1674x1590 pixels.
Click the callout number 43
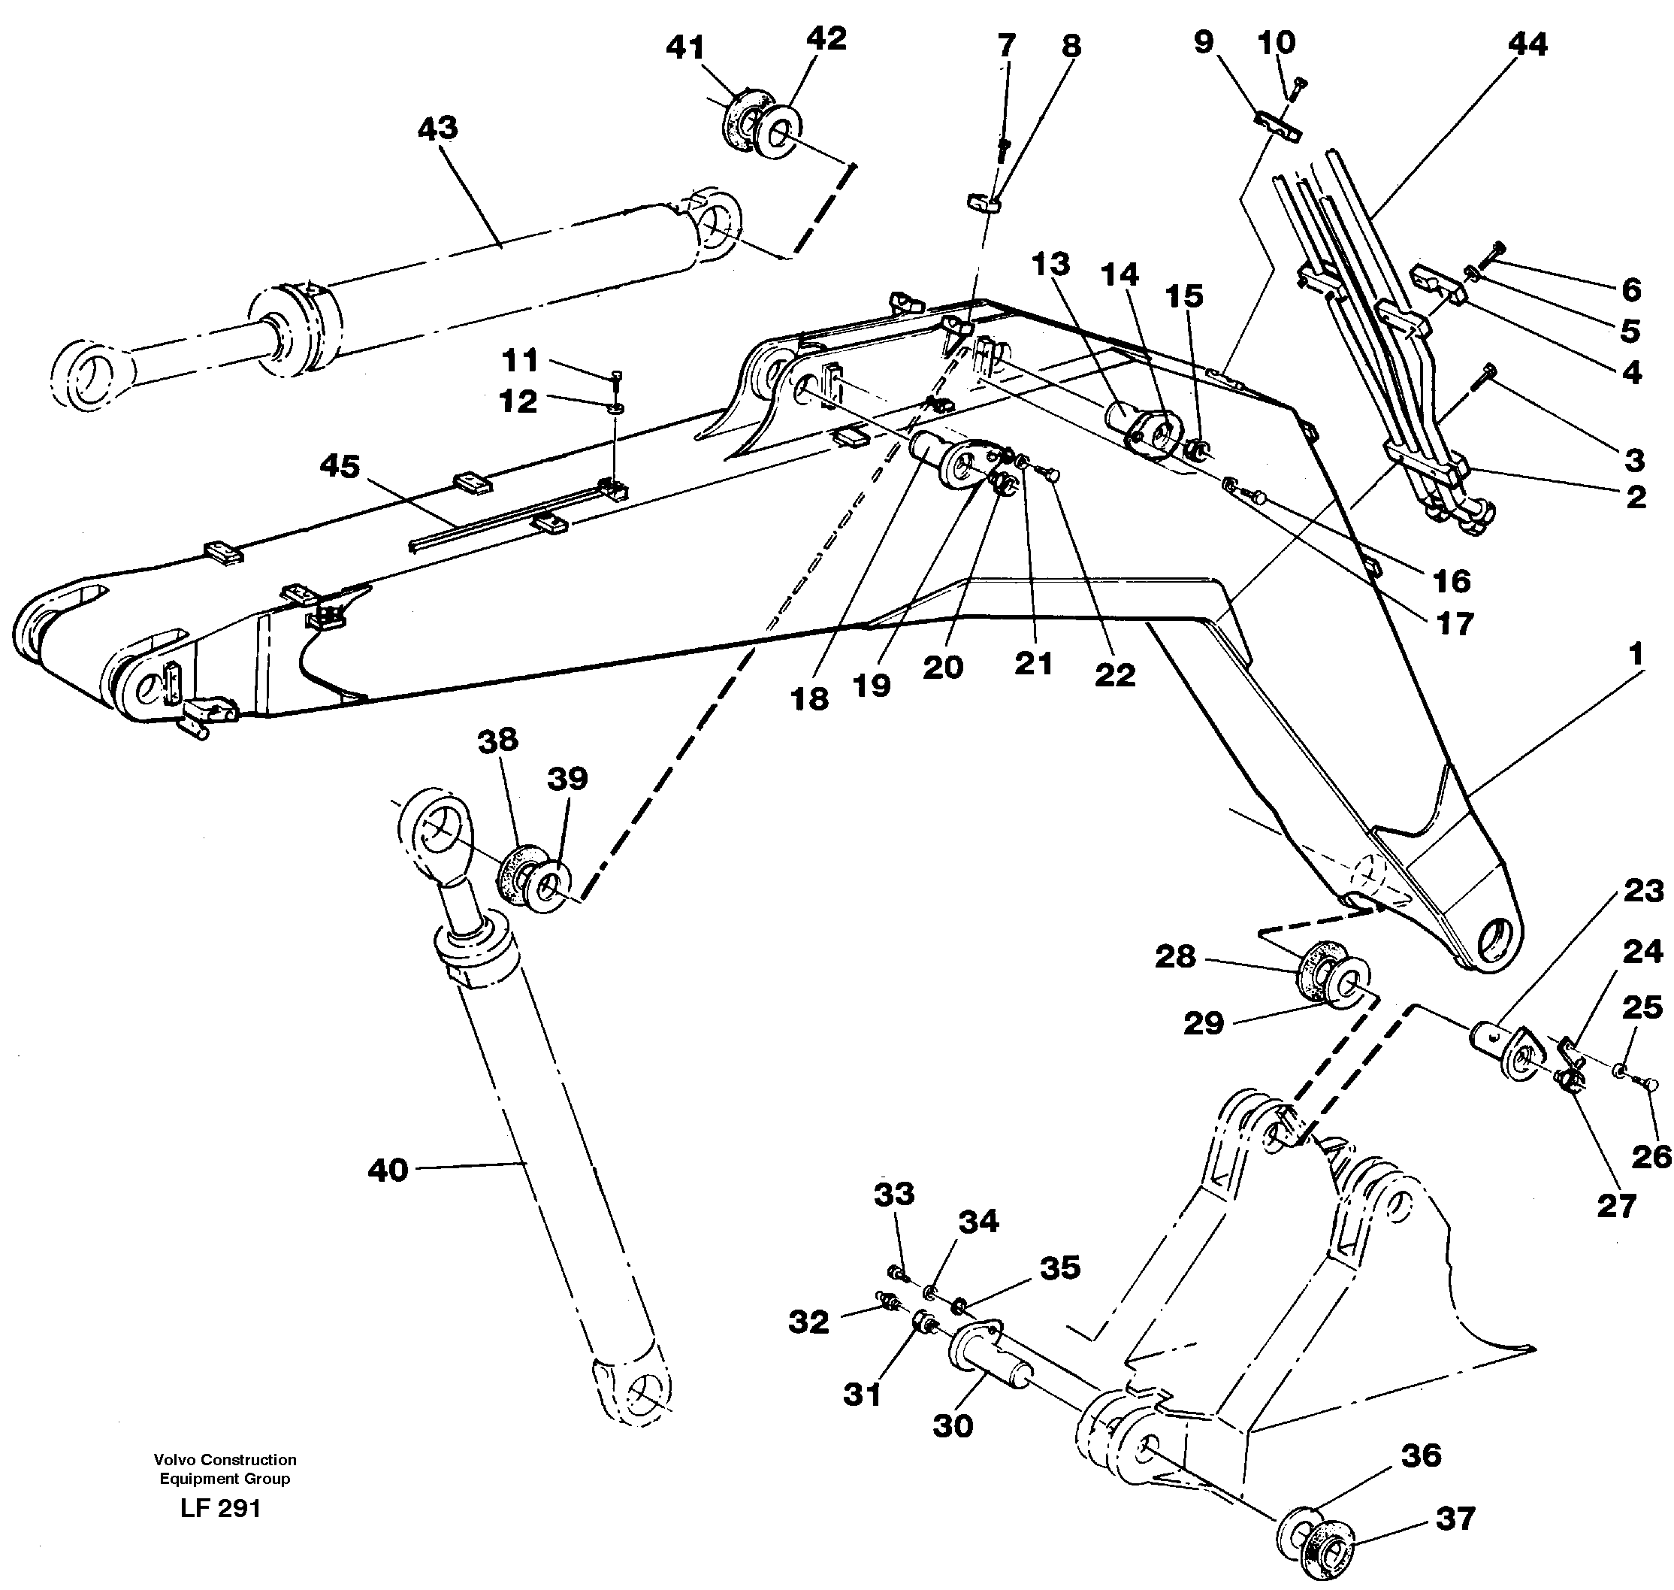(x=437, y=128)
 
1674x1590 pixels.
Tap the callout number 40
(x=388, y=1171)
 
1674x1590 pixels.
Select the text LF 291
(x=220, y=1509)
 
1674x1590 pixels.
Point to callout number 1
(x=1635, y=653)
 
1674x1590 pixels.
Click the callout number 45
(x=340, y=466)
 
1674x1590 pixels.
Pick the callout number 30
(x=953, y=1426)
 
